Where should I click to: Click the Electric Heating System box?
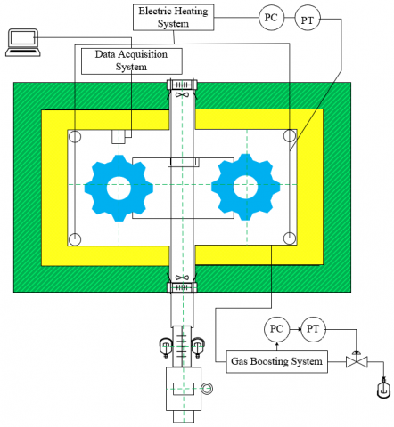click(174, 17)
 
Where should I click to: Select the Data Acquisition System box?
click(132, 61)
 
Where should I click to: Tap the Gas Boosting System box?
click(277, 362)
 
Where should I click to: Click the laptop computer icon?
click(23, 43)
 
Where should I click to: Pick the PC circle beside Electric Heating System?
click(271, 18)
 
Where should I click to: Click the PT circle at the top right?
click(308, 19)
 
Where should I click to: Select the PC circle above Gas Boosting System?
click(276, 329)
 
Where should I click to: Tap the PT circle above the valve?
click(313, 329)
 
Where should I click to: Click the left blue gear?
click(119, 188)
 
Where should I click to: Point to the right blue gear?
click(246, 187)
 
